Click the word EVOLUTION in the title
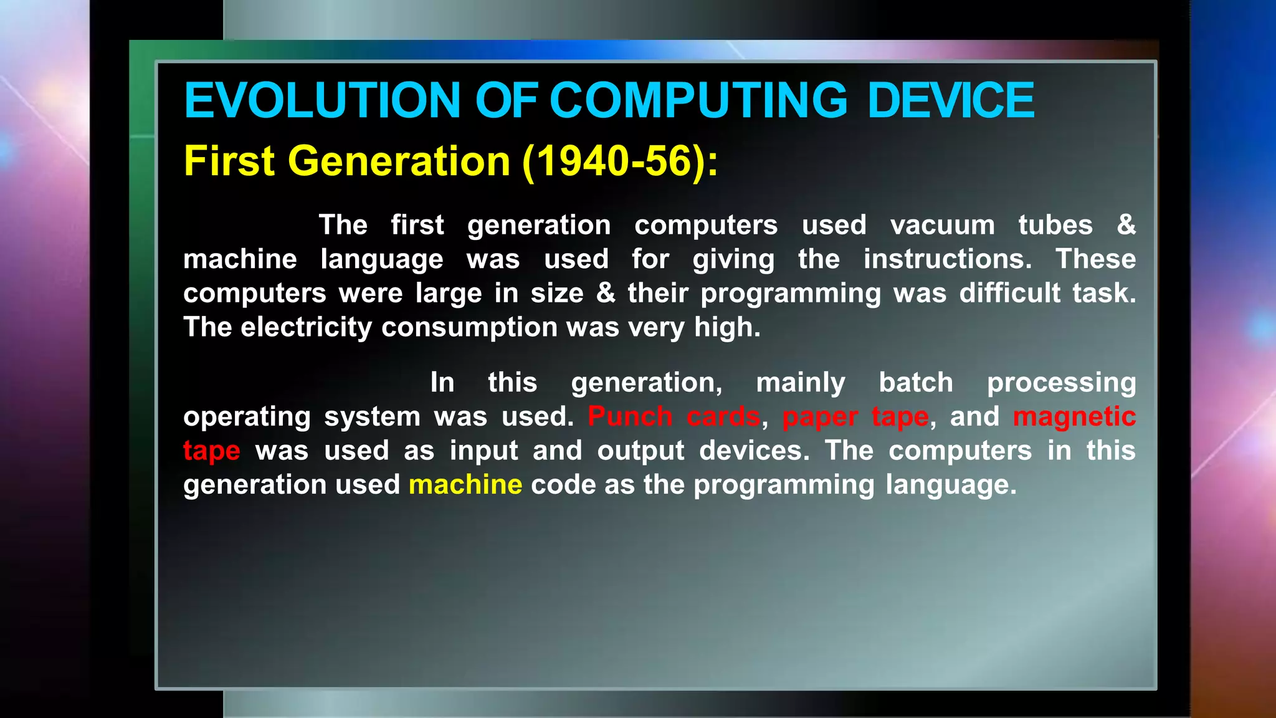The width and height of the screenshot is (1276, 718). point(322,100)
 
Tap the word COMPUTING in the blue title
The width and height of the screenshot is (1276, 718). point(698,100)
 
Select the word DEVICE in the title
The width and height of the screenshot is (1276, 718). point(951,100)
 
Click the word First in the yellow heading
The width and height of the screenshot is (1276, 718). point(229,161)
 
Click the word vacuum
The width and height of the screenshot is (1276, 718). point(942,225)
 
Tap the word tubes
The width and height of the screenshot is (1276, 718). point(1055,225)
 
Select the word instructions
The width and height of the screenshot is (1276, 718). point(947,259)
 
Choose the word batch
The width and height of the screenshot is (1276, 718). point(916,383)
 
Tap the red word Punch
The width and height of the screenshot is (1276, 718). point(630,416)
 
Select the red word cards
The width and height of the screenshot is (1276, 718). point(723,416)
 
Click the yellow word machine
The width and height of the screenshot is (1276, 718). point(465,485)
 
